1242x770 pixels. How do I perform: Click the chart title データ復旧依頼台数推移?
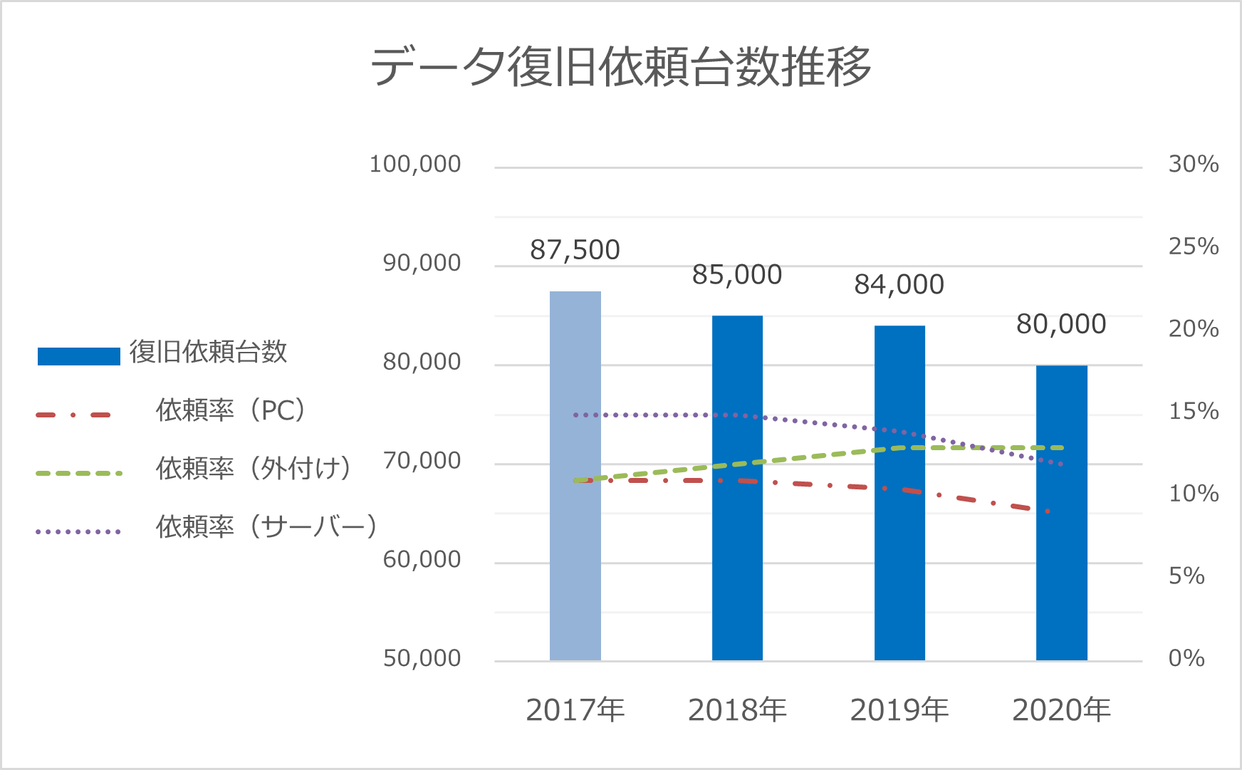tap(620, 66)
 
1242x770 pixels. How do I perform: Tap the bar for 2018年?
tap(737, 556)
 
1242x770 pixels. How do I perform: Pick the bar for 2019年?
tap(899, 563)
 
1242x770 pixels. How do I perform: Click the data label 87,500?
tap(575, 250)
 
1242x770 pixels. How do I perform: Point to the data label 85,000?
tap(737, 274)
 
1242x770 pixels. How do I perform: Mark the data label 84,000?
tap(899, 284)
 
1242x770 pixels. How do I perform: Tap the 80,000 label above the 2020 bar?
tap(1061, 324)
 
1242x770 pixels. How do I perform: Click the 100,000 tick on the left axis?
tap(415, 165)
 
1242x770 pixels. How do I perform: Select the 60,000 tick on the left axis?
tap(422, 560)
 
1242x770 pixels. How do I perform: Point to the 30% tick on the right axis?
tap(1194, 165)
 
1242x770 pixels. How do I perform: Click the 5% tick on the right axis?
tap(1186, 576)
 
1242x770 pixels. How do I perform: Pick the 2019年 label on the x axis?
tap(899, 710)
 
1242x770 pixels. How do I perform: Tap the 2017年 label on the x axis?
tap(575, 710)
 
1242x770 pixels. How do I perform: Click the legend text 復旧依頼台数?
tap(208, 352)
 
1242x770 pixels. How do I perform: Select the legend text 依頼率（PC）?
tap(231, 410)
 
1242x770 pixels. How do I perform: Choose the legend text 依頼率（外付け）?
tap(254, 469)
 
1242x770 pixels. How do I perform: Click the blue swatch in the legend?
tap(78, 356)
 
